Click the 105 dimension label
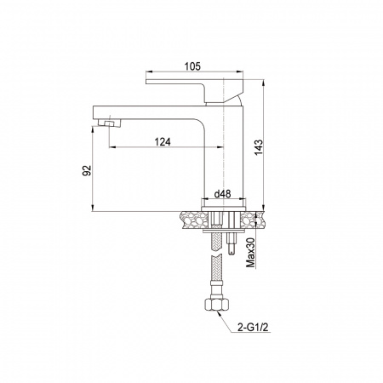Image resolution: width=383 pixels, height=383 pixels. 192,66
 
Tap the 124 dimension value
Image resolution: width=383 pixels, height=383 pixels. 163,141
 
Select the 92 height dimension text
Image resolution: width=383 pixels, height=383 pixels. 87,170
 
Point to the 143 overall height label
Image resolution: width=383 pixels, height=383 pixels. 259,147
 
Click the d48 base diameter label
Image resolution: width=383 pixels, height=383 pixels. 222,194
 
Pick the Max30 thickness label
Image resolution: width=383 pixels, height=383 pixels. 251,253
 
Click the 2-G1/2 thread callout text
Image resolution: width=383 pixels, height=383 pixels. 253,328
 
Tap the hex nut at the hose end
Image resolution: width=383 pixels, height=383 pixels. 216,305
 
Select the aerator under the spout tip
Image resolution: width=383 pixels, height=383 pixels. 110,123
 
